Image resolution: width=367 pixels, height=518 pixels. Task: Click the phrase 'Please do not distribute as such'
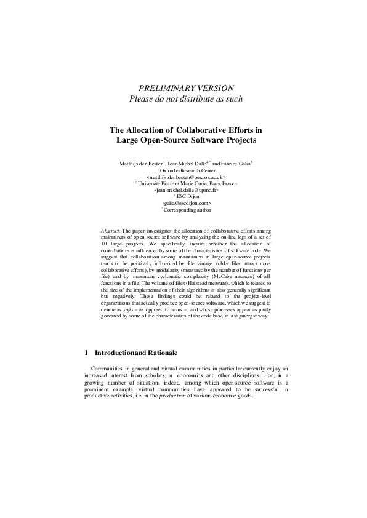click(185, 99)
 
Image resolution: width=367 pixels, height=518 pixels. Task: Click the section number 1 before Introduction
click(86, 353)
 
